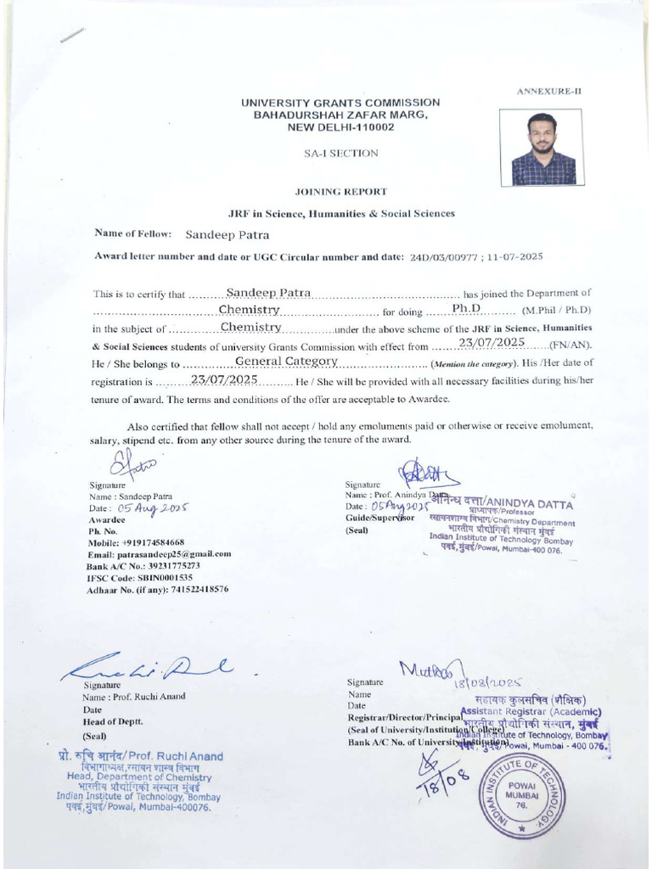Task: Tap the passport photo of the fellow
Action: pos(543,149)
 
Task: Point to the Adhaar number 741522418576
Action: pos(188,589)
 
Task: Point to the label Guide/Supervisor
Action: pos(379,518)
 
